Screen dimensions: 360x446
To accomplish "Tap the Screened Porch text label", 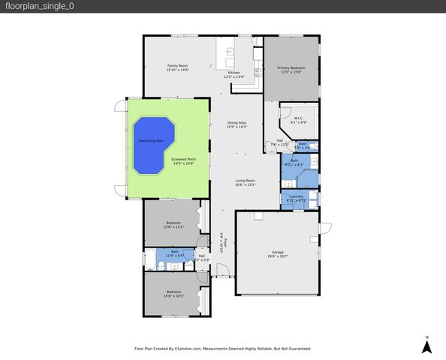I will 183,159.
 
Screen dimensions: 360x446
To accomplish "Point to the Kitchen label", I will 234,73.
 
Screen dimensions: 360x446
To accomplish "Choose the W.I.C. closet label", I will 297,118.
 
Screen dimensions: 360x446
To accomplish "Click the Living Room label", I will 246,180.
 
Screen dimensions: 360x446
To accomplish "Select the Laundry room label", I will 297,196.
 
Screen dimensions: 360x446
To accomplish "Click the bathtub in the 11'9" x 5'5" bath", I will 150,259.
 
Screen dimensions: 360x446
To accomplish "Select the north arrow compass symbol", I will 426,346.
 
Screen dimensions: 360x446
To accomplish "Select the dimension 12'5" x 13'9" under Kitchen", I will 234,76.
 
